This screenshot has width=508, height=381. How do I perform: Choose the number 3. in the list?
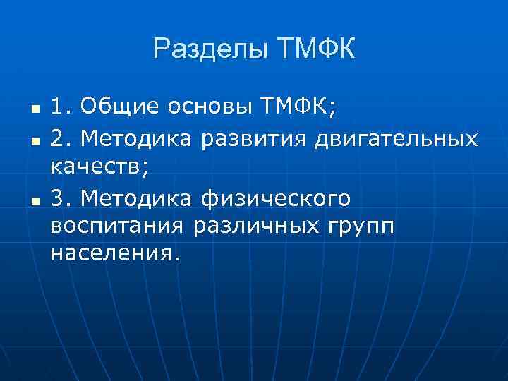pyautogui.click(x=61, y=199)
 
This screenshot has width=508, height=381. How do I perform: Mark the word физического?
pyautogui.click(x=275, y=200)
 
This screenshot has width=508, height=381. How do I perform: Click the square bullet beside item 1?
pyautogui.click(x=32, y=110)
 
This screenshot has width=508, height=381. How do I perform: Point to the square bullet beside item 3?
pyautogui.click(x=32, y=202)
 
